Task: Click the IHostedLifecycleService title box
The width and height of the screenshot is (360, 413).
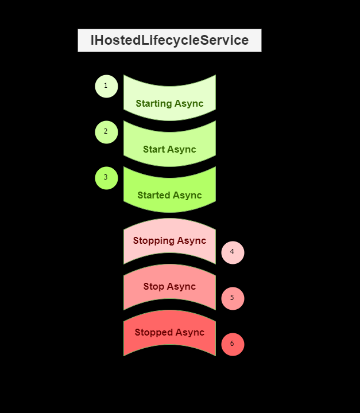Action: point(169,41)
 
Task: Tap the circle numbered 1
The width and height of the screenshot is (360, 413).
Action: point(106,86)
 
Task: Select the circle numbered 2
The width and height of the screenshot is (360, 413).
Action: point(106,132)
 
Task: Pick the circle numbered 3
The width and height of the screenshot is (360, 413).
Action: point(106,178)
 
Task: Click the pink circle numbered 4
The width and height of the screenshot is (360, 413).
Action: point(233,252)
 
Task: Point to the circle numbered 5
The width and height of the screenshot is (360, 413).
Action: point(233,298)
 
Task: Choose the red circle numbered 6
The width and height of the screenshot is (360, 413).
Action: point(233,344)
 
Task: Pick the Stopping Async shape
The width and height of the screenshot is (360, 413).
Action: point(169,241)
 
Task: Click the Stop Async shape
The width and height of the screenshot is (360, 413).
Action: point(169,287)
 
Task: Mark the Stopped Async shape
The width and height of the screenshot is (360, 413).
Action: point(169,333)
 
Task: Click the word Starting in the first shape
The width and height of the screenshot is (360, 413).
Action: point(154,104)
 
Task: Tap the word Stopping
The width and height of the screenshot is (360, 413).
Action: point(154,241)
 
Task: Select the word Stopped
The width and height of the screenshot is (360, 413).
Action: point(154,333)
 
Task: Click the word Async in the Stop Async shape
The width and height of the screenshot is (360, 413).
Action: point(183,287)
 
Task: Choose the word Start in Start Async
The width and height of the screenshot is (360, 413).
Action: point(154,150)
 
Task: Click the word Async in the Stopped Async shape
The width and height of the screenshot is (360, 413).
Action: point(191,333)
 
